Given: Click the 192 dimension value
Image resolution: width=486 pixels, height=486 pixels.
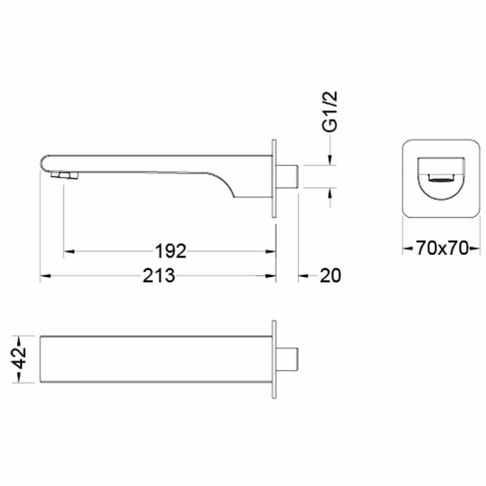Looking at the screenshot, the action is click(x=171, y=251).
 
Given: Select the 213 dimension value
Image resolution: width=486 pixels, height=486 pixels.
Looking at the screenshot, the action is click(x=159, y=275).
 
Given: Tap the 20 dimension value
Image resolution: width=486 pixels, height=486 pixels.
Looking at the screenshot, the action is click(x=330, y=275).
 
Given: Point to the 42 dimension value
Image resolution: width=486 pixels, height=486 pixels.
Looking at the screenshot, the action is click(x=19, y=359).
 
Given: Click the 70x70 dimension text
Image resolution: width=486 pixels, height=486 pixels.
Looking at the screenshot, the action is click(x=441, y=248).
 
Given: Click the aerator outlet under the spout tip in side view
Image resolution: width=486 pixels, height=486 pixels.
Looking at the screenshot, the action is click(x=65, y=176).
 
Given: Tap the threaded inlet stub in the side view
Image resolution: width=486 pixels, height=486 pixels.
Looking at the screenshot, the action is click(x=287, y=177).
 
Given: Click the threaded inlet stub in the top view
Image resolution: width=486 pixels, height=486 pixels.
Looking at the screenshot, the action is click(x=287, y=359).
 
